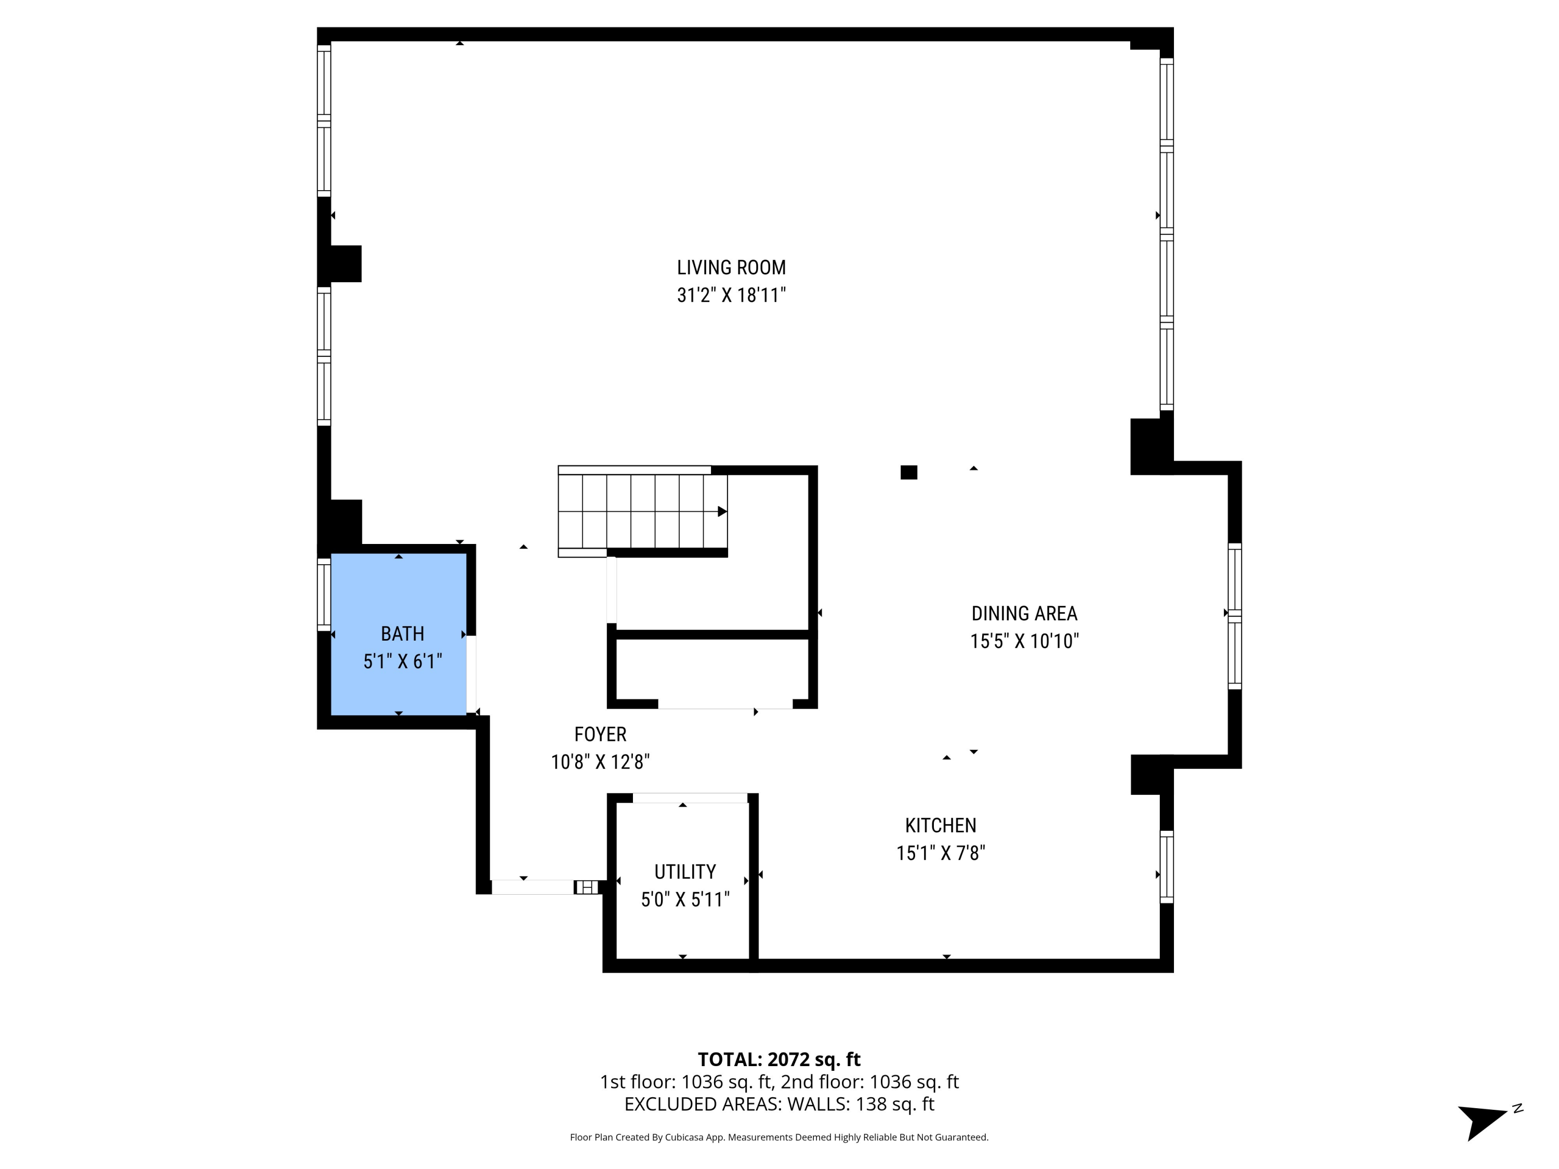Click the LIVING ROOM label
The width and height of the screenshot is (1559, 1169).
tap(731, 268)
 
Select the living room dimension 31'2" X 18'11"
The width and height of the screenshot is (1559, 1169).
tap(731, 295)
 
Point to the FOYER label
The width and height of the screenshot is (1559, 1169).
tap(600, 734)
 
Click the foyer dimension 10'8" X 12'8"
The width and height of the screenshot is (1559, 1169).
tap(600, 762)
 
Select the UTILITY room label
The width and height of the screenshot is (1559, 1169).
tap(684, 872)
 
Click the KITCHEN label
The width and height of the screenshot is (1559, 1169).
tap(940, 825)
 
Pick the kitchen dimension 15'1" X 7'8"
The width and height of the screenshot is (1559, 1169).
tap(940, 853)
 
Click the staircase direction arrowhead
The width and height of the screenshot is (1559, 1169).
tap(722, 512)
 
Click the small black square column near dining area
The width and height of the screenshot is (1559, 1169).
tap(908, 473)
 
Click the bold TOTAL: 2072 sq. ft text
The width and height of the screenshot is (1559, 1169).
tap(779, 1059)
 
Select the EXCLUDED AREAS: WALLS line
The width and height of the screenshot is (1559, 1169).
tap(779, 1104)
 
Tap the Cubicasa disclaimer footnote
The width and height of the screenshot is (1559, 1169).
tap(779, 1137)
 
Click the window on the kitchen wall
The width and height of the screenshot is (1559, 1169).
tap(1167, 867)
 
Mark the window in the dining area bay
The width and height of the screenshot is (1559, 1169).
tap(1234, 616)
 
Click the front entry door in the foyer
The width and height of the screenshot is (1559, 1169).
tap(533, 887)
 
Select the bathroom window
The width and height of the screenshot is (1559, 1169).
tap(324, 594)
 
